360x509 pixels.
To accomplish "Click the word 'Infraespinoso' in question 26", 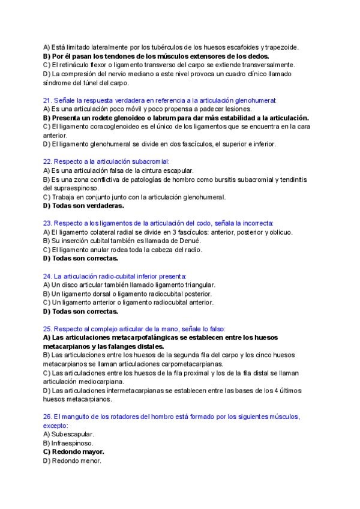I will coord(73,443).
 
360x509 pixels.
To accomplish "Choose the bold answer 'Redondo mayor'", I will coord(78,451).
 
